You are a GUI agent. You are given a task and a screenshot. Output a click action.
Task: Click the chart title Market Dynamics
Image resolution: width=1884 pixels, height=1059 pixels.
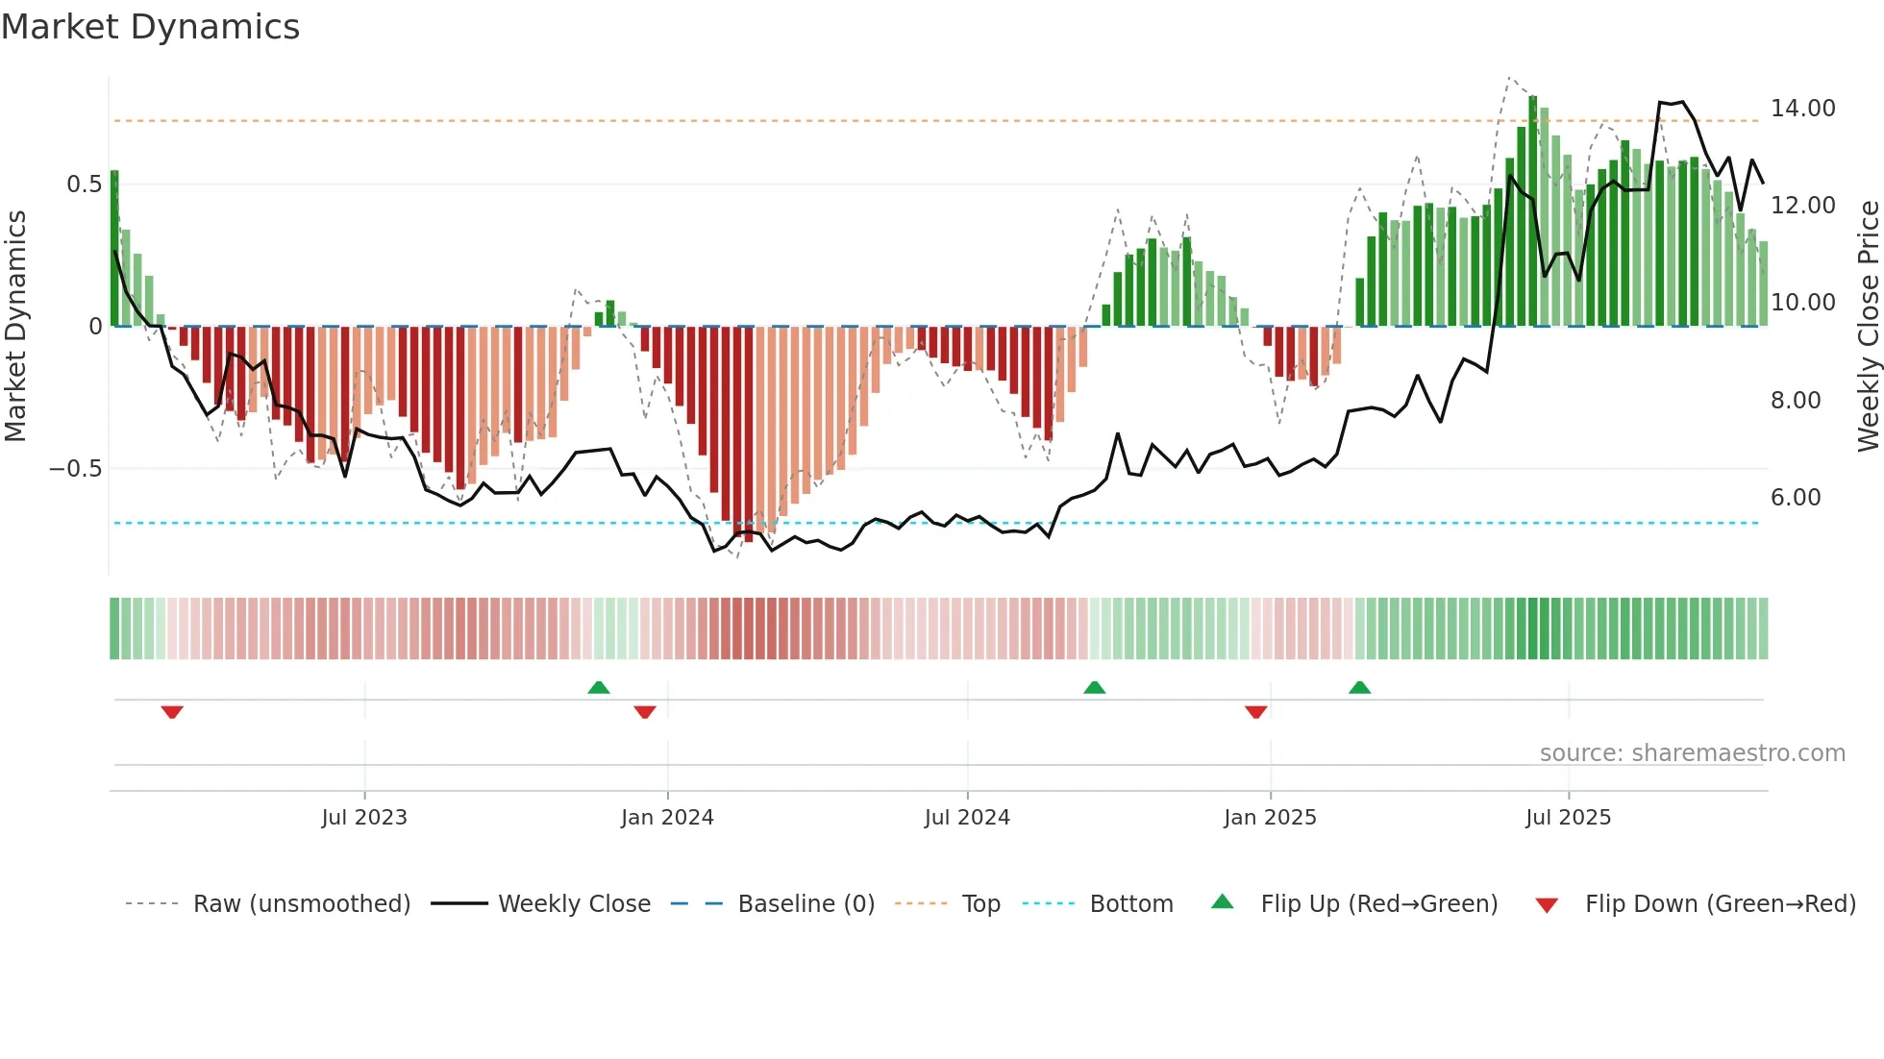[x=150, y=27]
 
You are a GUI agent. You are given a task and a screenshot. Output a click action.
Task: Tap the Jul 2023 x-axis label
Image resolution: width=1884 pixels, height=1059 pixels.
[x=364, y=818]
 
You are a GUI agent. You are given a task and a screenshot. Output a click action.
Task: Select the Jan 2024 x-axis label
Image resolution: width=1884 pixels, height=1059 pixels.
[x=667, y=818]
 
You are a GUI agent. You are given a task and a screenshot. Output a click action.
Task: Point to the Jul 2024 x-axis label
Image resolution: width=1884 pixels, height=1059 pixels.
[x=967, y=818]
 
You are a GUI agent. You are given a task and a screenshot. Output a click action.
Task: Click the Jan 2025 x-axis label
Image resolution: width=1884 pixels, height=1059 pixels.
[x=1270, y=818]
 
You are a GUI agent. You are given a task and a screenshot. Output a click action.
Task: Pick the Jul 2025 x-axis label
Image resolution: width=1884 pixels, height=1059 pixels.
[x=1568, y=818]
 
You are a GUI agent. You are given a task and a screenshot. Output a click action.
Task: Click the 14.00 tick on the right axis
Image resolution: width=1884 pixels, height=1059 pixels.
[x=1803, y=109]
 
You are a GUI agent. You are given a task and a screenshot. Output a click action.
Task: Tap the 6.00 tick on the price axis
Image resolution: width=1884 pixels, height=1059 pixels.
[x=1796, y=498]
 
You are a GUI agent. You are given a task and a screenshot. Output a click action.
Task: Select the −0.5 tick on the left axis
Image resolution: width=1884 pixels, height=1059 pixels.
[x=76, y=469]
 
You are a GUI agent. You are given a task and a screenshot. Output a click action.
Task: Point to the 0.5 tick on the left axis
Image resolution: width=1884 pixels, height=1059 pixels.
[x=85, y=185]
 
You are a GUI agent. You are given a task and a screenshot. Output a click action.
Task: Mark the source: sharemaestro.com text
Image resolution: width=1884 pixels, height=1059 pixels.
[x=1692, y=753]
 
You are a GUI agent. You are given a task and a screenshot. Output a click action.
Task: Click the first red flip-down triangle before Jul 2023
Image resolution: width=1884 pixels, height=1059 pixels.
[x=172, y=711]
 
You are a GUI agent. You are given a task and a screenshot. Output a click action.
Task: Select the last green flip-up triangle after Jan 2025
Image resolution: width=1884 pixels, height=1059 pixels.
[x=1359, y=688]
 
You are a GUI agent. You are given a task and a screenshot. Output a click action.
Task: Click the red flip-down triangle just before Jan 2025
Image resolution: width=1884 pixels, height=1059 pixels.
[x=1255, y=711]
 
